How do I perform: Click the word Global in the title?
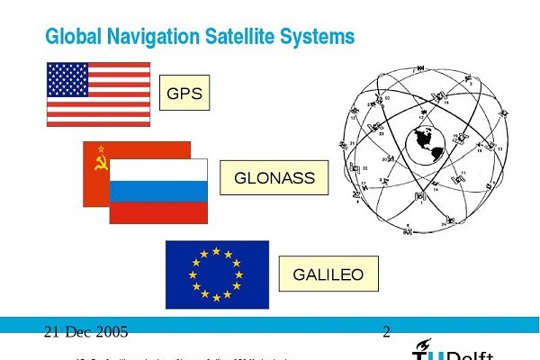tap(72, 36)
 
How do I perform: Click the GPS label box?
tap(184, 93)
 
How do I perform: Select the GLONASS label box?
tap(274, 178)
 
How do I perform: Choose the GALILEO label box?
tap(328, 274)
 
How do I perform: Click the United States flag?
tap(99, 94)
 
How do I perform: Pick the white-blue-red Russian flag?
tap(158, 192)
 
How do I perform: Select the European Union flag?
tap(217, 274)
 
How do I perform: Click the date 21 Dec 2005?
tap(85, 332)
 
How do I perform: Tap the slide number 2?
tap(386, 332)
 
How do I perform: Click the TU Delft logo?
tap(459, 349)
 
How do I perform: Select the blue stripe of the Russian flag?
tap(158, 191)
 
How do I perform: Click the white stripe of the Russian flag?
tap(158, 170)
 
